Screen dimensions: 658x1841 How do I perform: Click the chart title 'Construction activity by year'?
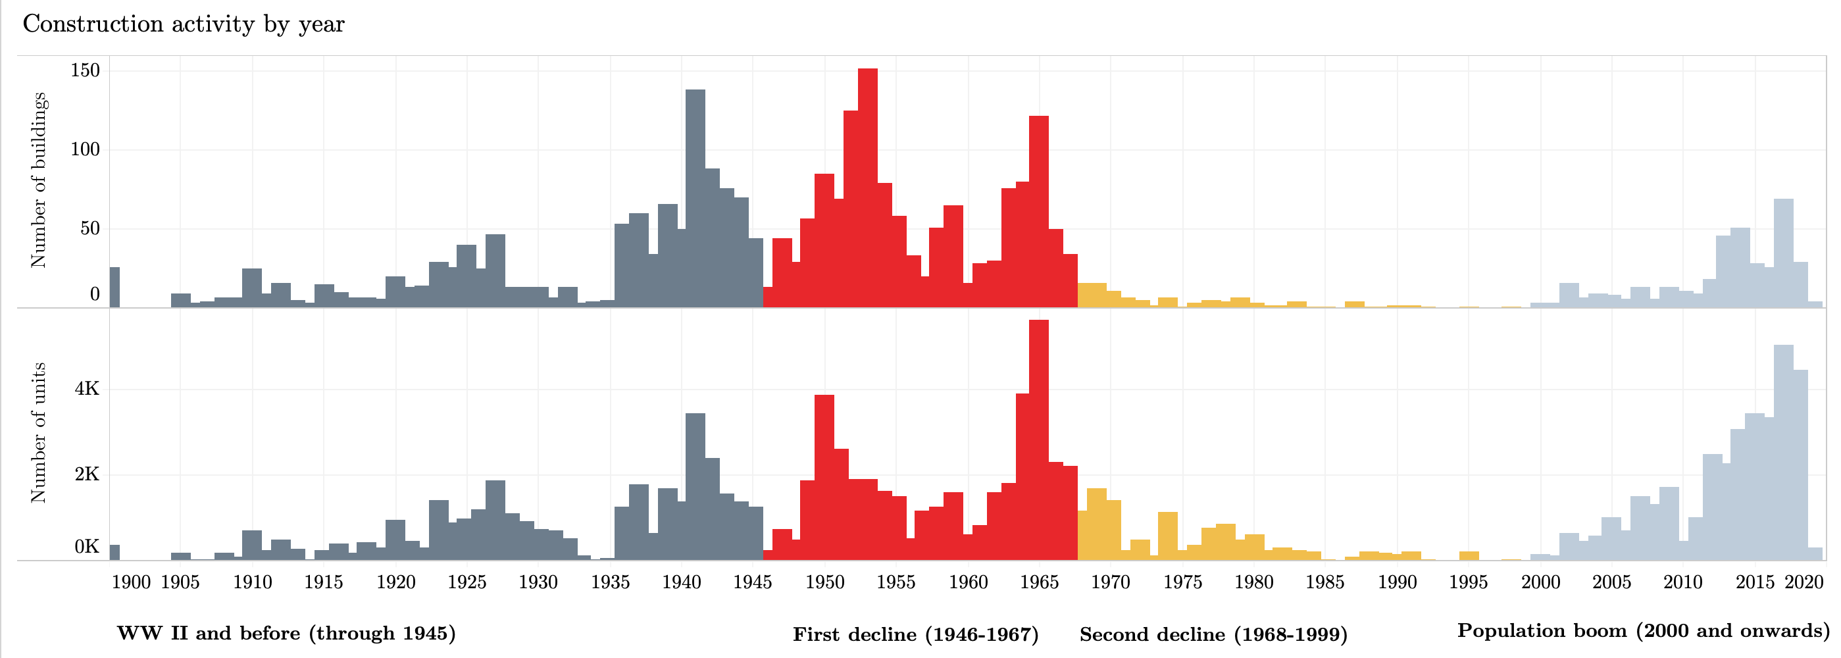pos(184,24)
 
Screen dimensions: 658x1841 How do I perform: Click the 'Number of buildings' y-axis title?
pos(39,180)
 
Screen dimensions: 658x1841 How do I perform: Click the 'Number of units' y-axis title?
pos(39,433)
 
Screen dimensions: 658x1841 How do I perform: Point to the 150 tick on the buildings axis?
pos(85,70)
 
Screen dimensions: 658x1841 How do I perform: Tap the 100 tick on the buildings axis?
pos(85,150)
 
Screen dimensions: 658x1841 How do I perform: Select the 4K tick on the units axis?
pos(88,390)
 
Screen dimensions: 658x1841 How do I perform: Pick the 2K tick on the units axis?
pos(88,474)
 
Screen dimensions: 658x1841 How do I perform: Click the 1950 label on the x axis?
pos(824,582)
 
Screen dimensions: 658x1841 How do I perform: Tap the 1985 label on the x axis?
pos(1325,582)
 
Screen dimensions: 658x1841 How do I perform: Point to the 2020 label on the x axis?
pos(1805,582)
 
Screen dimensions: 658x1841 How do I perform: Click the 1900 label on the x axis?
pos(132,582)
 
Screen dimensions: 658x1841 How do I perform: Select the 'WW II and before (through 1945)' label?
pos(286,633)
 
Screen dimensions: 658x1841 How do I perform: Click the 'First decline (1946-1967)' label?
pos(915,634)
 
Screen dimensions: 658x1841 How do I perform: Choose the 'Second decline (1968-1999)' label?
pos(1213,634)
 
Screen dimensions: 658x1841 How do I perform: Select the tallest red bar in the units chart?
pos(1039,440)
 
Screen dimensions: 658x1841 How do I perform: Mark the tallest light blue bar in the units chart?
pos(1784,453)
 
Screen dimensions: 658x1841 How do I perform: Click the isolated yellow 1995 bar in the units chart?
pos(1469,556)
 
